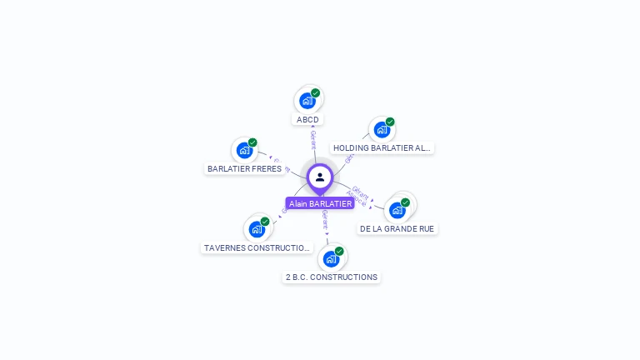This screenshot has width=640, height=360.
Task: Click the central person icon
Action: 320,177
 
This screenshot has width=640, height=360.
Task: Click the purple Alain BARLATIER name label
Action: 320,203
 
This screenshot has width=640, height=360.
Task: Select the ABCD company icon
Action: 307,102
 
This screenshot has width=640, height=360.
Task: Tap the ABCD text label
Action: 307,119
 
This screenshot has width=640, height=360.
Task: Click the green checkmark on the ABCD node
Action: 316,93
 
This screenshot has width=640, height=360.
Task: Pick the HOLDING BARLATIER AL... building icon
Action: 381,130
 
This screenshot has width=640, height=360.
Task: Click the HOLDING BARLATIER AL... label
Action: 382,148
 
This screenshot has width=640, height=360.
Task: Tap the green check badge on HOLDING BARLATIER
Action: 390,122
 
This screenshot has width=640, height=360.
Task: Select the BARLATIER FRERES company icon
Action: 244,151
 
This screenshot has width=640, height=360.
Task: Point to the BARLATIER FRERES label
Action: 244,168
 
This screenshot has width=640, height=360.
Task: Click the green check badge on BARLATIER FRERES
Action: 252,142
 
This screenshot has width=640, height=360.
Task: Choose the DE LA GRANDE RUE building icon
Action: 397,210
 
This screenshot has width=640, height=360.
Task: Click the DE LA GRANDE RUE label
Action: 397,228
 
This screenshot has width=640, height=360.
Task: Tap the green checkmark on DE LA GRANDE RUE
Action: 406,202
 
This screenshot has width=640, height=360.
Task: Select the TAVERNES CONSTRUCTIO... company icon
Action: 257,229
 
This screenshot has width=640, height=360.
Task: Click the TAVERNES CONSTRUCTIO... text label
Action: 257,247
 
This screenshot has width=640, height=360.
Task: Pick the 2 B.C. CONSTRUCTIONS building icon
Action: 331,258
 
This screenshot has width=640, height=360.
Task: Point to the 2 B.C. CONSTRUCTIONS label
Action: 331,277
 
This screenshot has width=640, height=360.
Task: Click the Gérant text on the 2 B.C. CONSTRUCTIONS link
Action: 325,219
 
